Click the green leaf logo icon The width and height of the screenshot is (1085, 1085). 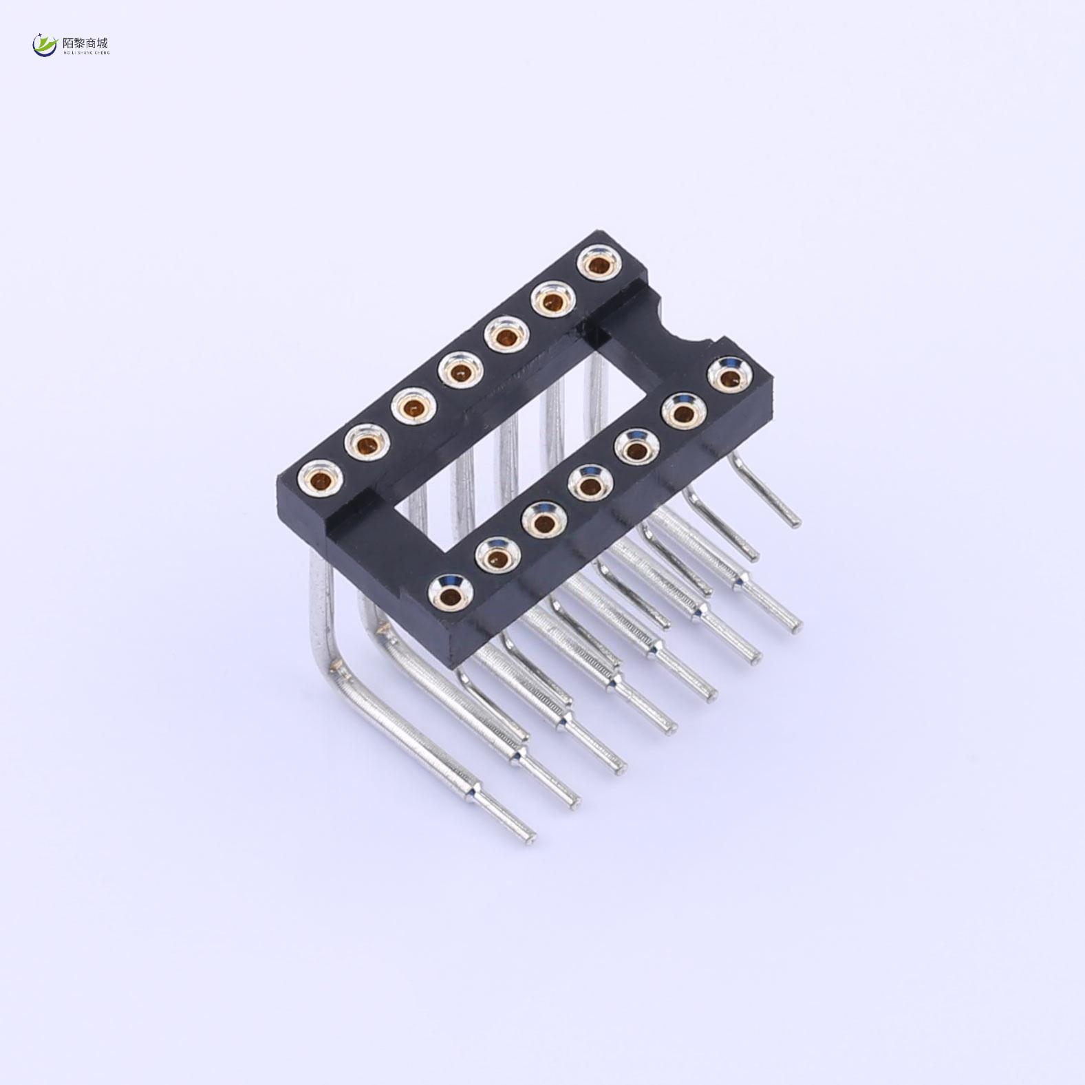pyautogui.click(x=45, y=45)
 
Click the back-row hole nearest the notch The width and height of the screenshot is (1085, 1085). pyautogui.click(x=599, y=264)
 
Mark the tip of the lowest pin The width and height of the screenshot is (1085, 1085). pyautogui.click(x=528, y=837)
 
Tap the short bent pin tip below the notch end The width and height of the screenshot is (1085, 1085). pyautogui.click(x=795, y=522)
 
